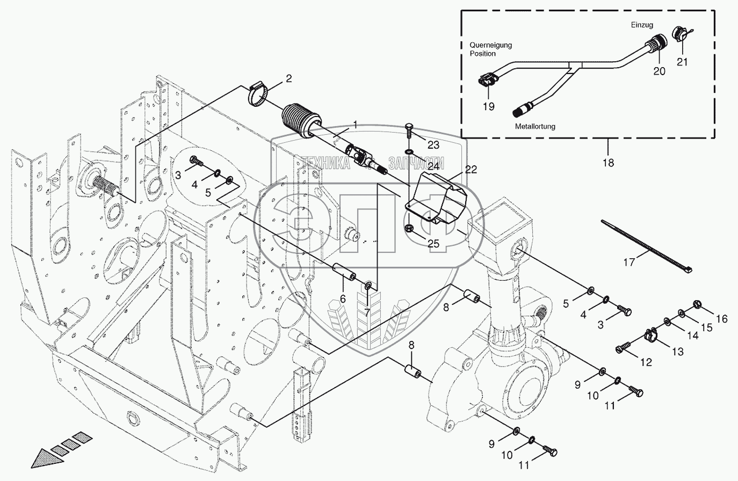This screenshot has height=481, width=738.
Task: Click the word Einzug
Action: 642,25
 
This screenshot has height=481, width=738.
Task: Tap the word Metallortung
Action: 535,126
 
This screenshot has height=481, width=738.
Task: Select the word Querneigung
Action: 490,45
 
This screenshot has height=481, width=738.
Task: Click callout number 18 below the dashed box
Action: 609,163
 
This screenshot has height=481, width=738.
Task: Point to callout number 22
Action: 471,170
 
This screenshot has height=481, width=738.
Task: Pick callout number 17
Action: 628,263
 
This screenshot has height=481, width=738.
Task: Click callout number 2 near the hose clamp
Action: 288,79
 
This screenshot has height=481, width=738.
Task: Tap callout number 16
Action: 721,319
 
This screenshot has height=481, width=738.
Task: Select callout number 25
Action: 433,244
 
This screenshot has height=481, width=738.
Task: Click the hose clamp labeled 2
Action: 257,96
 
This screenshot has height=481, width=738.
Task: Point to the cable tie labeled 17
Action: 646,246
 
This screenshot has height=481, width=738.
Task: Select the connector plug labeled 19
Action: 486,81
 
